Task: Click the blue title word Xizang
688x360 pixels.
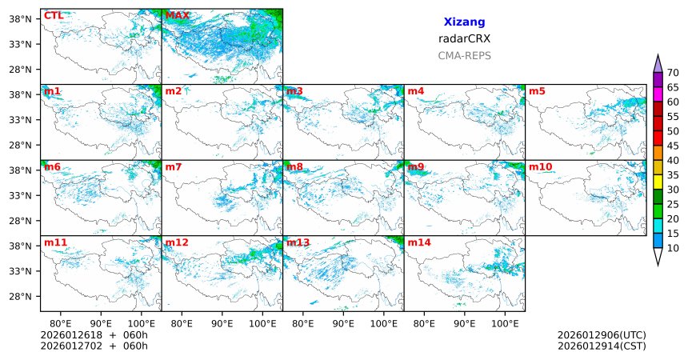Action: coord(464,22)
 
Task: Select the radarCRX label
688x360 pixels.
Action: coord(464,38)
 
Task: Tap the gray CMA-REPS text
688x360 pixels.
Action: coord(464,56)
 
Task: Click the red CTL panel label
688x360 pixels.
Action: coord(53,15)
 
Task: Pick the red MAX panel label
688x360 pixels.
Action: coord(177,15)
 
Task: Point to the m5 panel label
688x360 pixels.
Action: coord(537,91)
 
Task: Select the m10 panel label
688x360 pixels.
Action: coord(540,166)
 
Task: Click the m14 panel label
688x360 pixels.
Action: coord(419,242)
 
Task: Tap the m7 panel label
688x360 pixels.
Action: coord(174,166)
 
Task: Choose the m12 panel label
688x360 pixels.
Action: coord(177,242)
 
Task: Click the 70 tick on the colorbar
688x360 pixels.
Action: coord(674,72)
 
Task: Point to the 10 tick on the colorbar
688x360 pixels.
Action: coord(674,249)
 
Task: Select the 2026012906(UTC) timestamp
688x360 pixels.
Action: coord(601,335)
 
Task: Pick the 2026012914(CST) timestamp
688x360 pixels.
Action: coord(601,346)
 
